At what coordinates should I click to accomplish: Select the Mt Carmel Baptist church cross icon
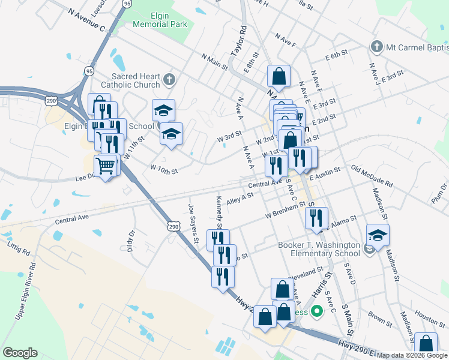point(376,46)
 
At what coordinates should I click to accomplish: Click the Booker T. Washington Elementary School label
point(319,250)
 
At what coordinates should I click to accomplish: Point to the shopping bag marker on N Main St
point(279,76)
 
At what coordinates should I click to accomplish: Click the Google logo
point(20,353)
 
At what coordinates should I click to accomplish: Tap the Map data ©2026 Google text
point(411,355)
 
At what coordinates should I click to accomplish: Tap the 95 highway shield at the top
point(127,4)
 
